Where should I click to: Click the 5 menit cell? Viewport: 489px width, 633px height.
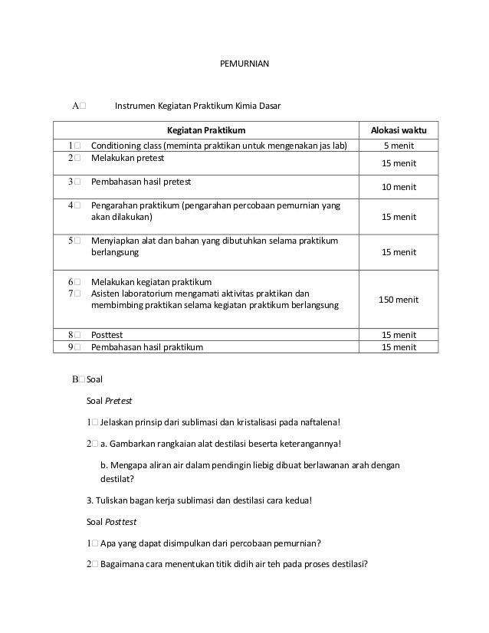(399, 146)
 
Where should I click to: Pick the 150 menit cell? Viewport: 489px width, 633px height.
(399, 299)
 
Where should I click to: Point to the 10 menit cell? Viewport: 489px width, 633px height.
(399, 187)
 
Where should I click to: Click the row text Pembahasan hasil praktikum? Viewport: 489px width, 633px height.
(147, 346)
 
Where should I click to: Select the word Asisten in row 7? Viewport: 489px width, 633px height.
(107, 293)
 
